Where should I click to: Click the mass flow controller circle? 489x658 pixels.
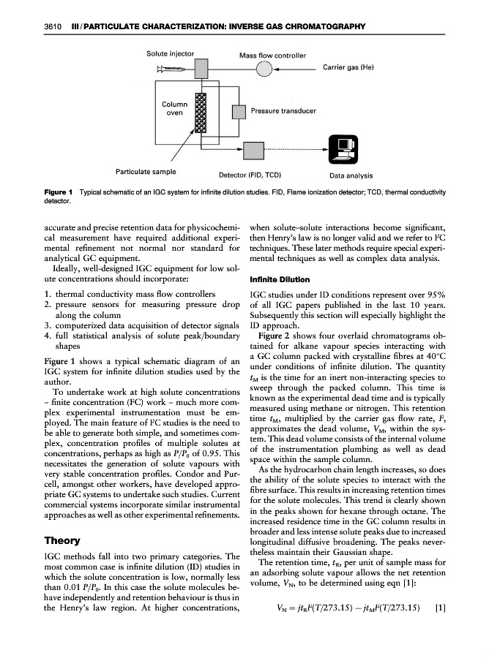point(264,69)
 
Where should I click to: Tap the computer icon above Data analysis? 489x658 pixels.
point(339,149)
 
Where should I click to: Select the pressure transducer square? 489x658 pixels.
point(238,112)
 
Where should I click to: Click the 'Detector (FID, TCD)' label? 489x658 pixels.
point(252,175)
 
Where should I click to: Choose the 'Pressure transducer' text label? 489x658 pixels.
point(283,112)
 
